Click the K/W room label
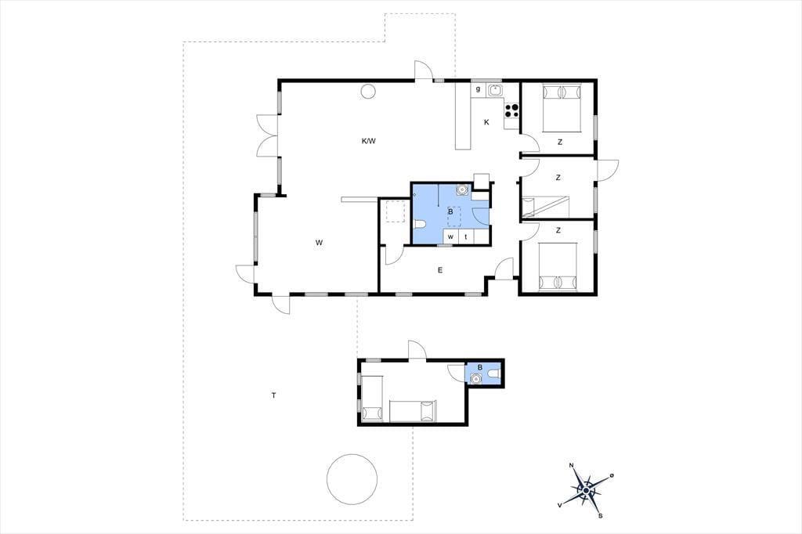coord(368,141)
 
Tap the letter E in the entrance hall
coord(440,270)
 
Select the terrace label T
coord(274,395)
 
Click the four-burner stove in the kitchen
coord(512,111)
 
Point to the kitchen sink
coord(495,90)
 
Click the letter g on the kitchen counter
coord(479,89)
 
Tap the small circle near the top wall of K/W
coord(368,91)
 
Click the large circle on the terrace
coord(352,478)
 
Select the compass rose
coord(586,490)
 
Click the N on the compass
coord(571,465)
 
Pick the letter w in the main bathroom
coord(450,236)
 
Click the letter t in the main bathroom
coord(466,236)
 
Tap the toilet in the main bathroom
coord(419,224)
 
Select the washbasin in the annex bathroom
coord(475,378)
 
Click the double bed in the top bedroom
coord(562,107)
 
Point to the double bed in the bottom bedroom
coord(558,266)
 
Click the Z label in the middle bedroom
coord(558,178)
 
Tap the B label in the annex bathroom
coord(480,366)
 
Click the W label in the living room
coord(319,243)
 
